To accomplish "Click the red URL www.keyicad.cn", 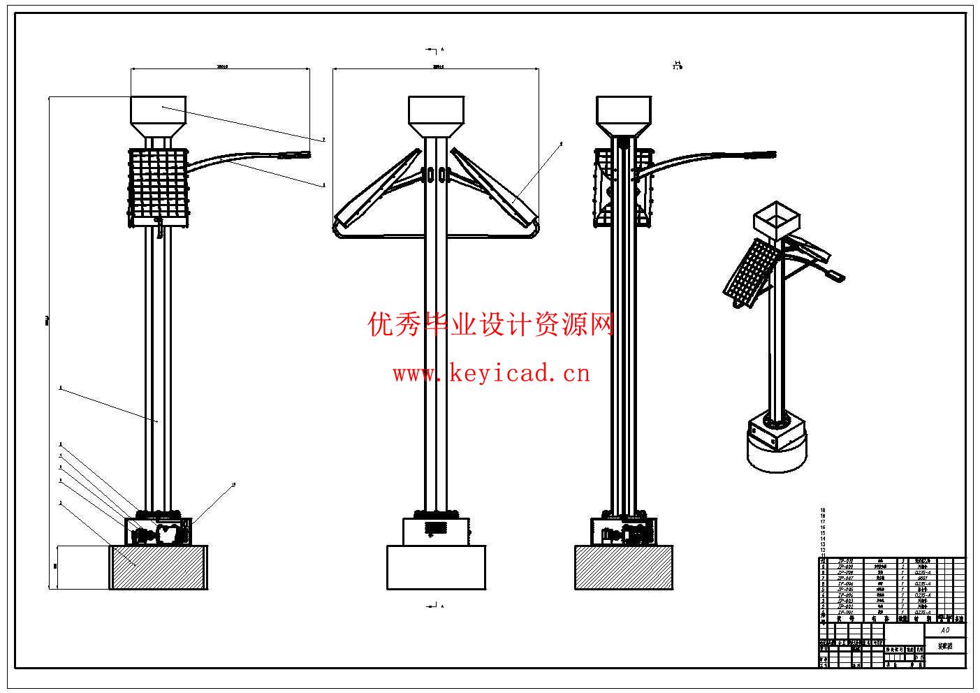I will click(491, 374).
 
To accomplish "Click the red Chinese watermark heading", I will click(491, 324).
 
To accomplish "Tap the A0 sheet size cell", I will click(945, 630).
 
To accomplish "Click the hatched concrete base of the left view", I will click(159, 567).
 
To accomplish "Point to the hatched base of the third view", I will click(624, 567).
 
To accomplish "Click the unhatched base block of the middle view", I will click(436, 567).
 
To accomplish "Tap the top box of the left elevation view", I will click(159, 110).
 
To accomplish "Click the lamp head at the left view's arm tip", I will click(296, 155).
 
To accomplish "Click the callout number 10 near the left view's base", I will click(233, 484).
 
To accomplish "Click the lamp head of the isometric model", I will click(834, 276).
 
